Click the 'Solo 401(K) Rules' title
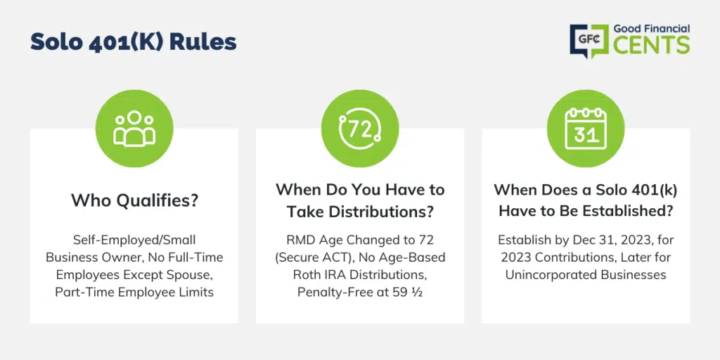pos(134,42)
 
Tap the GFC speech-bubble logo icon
pos(589,41)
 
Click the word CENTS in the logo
pos(652,46)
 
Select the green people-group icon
pos(134,129)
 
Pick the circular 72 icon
pos(359,129)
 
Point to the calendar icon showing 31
pos(586,129)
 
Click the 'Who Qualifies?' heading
pos(134,200)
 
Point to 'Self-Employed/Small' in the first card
pos(134,240)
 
